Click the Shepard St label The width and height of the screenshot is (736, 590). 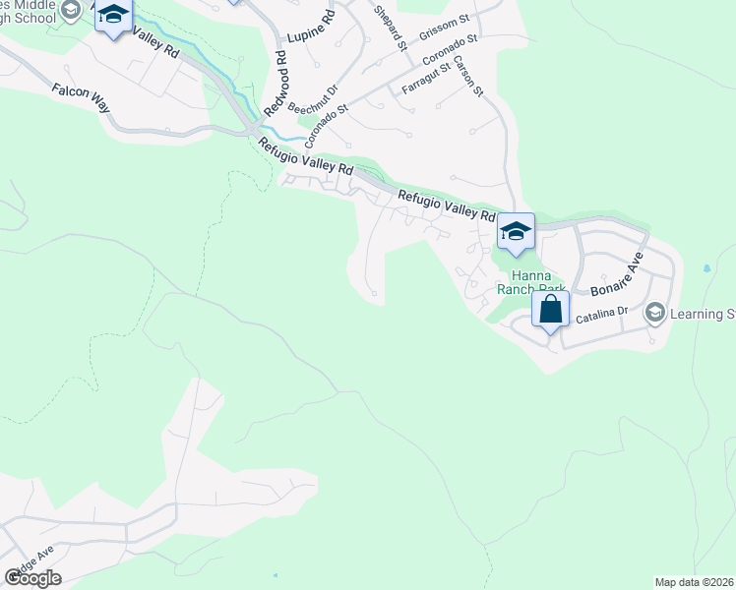click(390, 27)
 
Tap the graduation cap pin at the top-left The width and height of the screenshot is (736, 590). click(114, 17)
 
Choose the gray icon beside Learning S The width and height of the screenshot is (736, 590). click(655, 313)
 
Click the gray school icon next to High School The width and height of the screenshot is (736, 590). click(70, 10)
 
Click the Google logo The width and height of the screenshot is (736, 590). click(32, 577)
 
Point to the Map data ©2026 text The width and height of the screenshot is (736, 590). click(694, 582)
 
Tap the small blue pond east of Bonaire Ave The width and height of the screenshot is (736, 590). click(706, 267)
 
